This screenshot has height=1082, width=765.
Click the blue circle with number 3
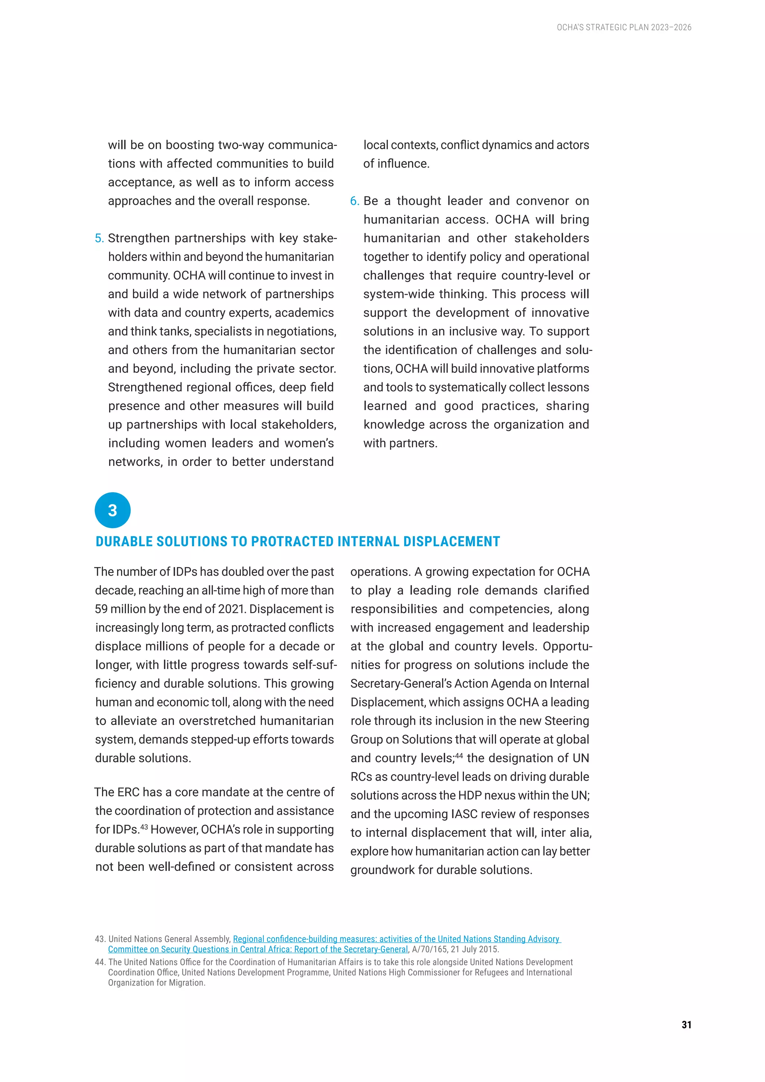click(112, 510)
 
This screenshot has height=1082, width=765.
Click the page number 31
click(686, 1024)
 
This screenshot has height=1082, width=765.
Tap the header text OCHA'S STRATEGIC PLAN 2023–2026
click(624, 27)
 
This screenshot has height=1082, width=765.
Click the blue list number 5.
click(99, 238)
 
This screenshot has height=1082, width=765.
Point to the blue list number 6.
click(354, 201)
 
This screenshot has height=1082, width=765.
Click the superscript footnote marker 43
click(144, 826)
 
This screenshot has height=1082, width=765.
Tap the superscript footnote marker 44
click(459, 755)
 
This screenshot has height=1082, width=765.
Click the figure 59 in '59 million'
click(101, 609)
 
